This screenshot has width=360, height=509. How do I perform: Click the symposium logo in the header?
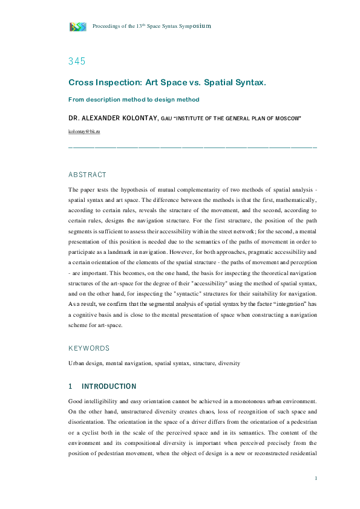77,26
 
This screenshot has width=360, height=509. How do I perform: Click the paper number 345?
77,61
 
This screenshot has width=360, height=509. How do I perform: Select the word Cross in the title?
80,82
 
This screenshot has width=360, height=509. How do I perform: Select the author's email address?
84,131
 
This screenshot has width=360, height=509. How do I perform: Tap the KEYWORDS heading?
89,348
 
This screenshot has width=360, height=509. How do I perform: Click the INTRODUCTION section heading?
109,386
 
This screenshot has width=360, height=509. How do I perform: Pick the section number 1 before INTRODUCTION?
71,386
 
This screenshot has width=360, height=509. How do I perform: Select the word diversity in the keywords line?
227,363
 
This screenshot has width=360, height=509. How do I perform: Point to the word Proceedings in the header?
106,27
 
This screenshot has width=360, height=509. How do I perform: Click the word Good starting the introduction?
76,401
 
